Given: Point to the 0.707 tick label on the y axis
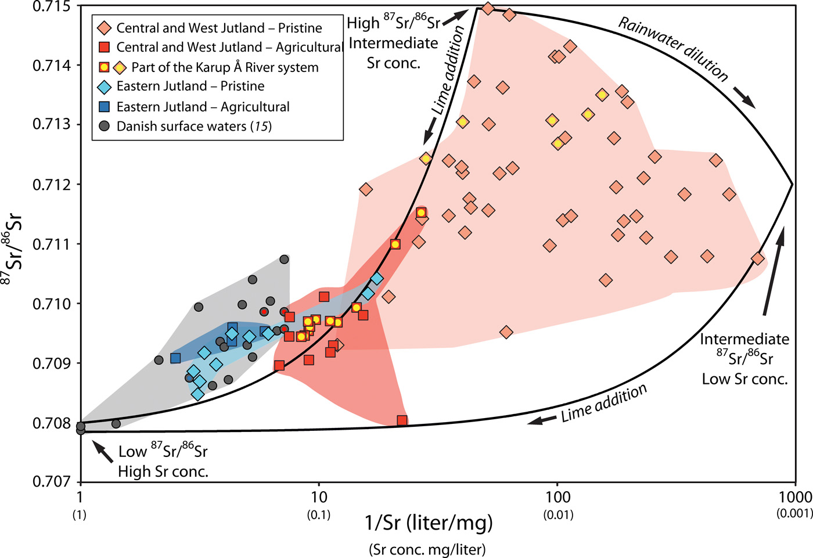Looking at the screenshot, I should click(x=51, y=481).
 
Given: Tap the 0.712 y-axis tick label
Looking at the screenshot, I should click(x=51, y=185).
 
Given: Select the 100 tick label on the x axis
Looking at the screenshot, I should click(x=557, y=497).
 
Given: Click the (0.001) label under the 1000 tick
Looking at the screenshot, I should click(x=794, y=514).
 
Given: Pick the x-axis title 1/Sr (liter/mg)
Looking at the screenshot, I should click(x=429, y=523).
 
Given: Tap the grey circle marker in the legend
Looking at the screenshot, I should click(x=105, y=126).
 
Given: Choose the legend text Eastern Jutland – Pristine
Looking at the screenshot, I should click(x=190, y=87).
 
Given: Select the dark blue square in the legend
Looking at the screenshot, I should click(x=105, y=106).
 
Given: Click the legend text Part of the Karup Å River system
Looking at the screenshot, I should click(x=225, y=67).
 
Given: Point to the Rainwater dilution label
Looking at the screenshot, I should click(x=673, y=49).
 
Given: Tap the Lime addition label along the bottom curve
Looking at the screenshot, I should click(x=604, y=402).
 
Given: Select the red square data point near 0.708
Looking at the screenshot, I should click(x=402, y=420).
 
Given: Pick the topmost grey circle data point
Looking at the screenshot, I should click(x=284, y=260).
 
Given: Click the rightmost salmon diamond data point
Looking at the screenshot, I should click(x=757, y=258).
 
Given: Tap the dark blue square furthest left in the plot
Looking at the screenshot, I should click(x=175, y=358).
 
